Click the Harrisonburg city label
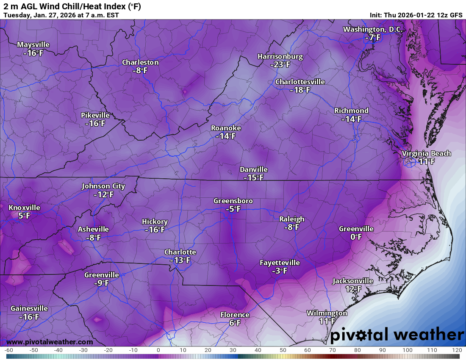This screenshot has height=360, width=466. click(x=280, y=56)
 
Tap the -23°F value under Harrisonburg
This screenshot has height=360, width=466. click(x=280, y=65)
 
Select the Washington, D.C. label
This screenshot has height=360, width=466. click(x=373, y=29)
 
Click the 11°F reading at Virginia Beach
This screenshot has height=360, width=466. click(x=427, y=161)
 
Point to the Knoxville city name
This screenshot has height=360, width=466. click(x=24, y=208)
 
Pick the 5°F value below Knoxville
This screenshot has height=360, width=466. click(x=24, y=216)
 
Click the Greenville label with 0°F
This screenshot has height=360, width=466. click(x=356, y=229)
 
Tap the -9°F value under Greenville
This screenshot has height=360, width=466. click(x=102, y=283)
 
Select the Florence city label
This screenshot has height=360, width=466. click(x=235, y=315)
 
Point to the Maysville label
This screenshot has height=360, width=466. click(x=33, y=44)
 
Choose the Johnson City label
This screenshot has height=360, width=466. click(x=103, y=186)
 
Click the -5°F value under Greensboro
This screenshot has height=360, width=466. click(x=233, y=209)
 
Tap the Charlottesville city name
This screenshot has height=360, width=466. click(x=300, y=82)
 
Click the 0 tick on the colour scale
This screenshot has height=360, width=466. click(x=158, y=350)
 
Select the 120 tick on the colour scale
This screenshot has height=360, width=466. click(x=456, y=350)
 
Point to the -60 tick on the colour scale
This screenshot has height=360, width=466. click(x=8, y=350)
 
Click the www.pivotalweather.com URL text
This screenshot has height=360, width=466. click(x=50, y=342)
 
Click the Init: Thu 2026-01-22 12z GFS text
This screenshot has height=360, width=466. click(x=416, y=15)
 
